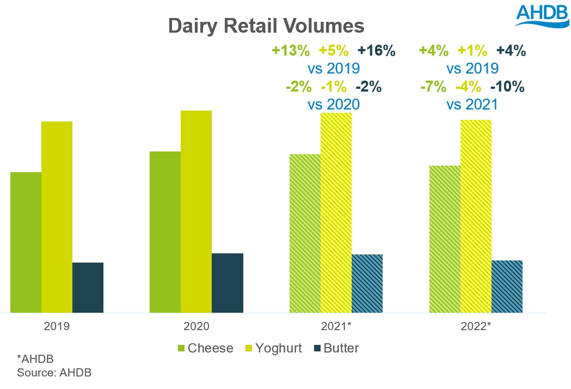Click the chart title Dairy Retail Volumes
tap(266, 26)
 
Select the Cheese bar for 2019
tap(26, 242)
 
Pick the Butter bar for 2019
tap(88, 287)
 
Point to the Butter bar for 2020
tap(228, 283)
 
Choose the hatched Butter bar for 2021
tap(367, 283)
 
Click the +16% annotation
tap(376, 52)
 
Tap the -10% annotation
tap(508, 87)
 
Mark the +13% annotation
tap(291, 52)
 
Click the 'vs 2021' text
tap(471, 104)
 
